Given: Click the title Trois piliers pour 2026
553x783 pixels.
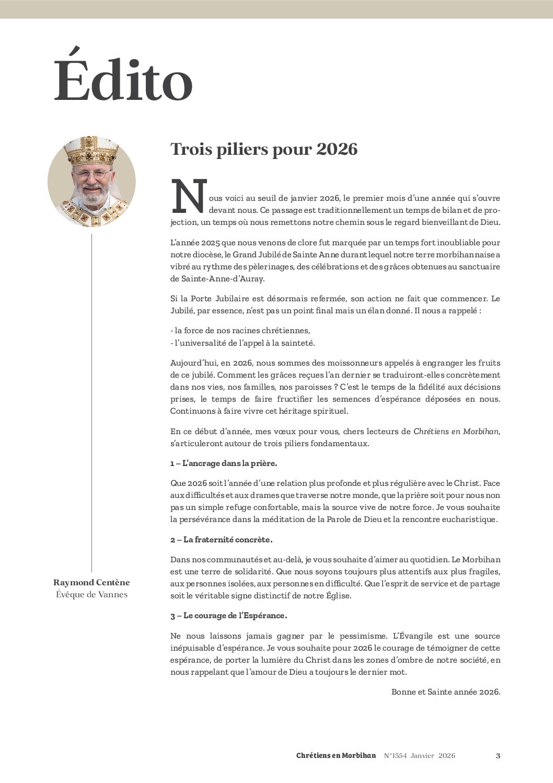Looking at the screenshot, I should click(x=264, y=150).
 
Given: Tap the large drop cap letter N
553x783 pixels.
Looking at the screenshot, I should click(x=189, y=197).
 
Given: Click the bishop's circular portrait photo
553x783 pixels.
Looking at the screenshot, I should click(x=91, y=182).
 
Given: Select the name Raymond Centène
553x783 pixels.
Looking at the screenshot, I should click(x=91, y=583).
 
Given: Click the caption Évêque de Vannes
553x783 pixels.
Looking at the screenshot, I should click(x=91, y=595).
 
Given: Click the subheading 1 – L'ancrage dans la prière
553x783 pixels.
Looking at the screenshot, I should click(x=223, y=463).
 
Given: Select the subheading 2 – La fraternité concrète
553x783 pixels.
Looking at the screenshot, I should click(x=221, y=539).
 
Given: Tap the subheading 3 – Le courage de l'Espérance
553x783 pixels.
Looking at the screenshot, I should click(x=228, y=616).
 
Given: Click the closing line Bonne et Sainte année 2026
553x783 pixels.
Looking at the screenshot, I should click(x=445, y=692).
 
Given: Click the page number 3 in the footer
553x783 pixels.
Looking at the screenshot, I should click(x=498, y=756).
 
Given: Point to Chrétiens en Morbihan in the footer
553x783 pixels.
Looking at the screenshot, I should click(x=336, y=756).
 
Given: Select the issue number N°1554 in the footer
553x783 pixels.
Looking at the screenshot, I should click(x=395, y=756).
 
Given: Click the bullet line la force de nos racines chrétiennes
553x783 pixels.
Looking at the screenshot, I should click(x=240, y=331).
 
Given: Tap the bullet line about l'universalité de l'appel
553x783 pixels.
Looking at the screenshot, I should click(x=243, y=343).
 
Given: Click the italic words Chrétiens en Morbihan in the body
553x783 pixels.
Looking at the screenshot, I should click(x=456, y=432).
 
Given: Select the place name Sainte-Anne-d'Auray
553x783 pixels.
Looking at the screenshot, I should click(x=217, y=279).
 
